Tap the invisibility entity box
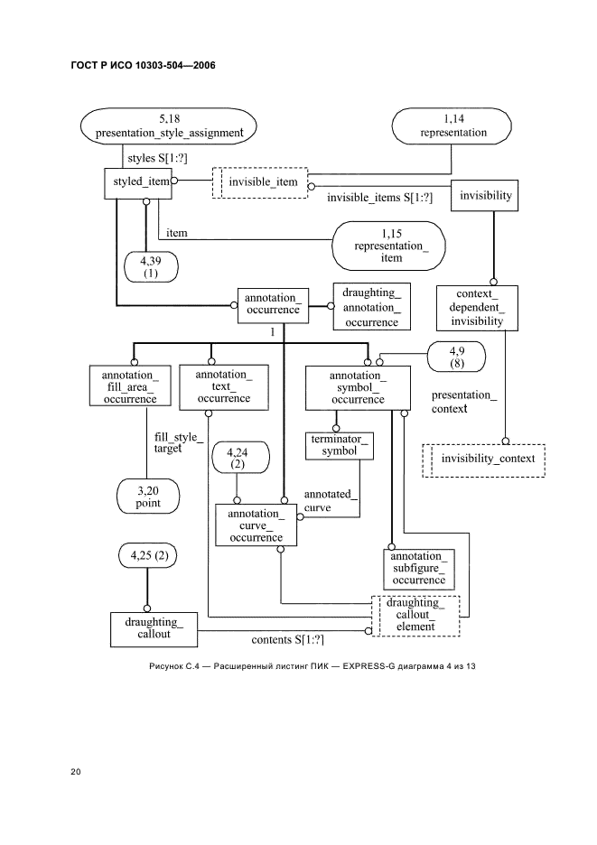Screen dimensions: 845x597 click(486, 196)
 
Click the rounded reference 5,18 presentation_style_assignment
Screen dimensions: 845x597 click(170, 125)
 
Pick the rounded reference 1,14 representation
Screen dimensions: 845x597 click(452, 125)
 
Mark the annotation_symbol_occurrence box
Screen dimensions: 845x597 click(357, 386)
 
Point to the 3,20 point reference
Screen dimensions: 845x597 click(148, 496)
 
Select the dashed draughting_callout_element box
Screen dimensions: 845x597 click(415, 615)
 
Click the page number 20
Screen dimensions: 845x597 click(76, 772)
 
